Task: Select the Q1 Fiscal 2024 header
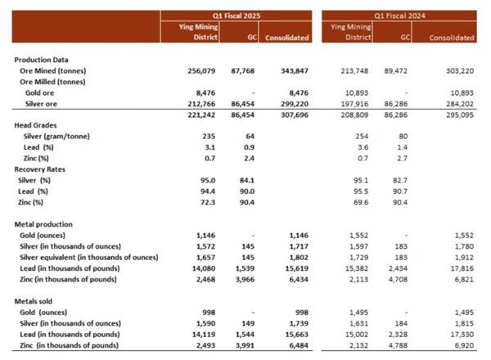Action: [399, 15]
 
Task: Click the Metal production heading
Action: [46, 223]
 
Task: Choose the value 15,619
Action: [294, 268]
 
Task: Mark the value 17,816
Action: [459, 268]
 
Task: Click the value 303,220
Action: [457, 71]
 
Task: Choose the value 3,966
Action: [245, 279]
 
